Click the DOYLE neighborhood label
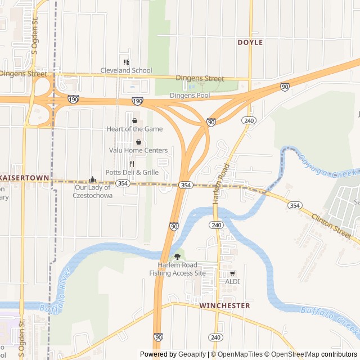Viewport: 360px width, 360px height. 250,42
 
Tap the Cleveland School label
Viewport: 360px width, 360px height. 126,70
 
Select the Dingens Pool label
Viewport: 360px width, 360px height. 190,96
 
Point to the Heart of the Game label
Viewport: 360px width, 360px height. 134,129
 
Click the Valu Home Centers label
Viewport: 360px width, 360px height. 138,150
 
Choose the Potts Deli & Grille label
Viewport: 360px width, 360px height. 132,172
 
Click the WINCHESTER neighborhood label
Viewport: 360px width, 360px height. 224,305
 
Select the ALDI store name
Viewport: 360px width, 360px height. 232,281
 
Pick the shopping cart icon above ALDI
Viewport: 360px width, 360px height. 232,273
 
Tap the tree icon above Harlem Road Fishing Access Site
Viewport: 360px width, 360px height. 178,256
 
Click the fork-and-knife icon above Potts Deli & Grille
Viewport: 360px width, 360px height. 132,164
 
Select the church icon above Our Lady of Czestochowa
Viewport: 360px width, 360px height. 93,180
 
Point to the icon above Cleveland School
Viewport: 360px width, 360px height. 126,62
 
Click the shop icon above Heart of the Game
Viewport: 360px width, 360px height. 134,120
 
